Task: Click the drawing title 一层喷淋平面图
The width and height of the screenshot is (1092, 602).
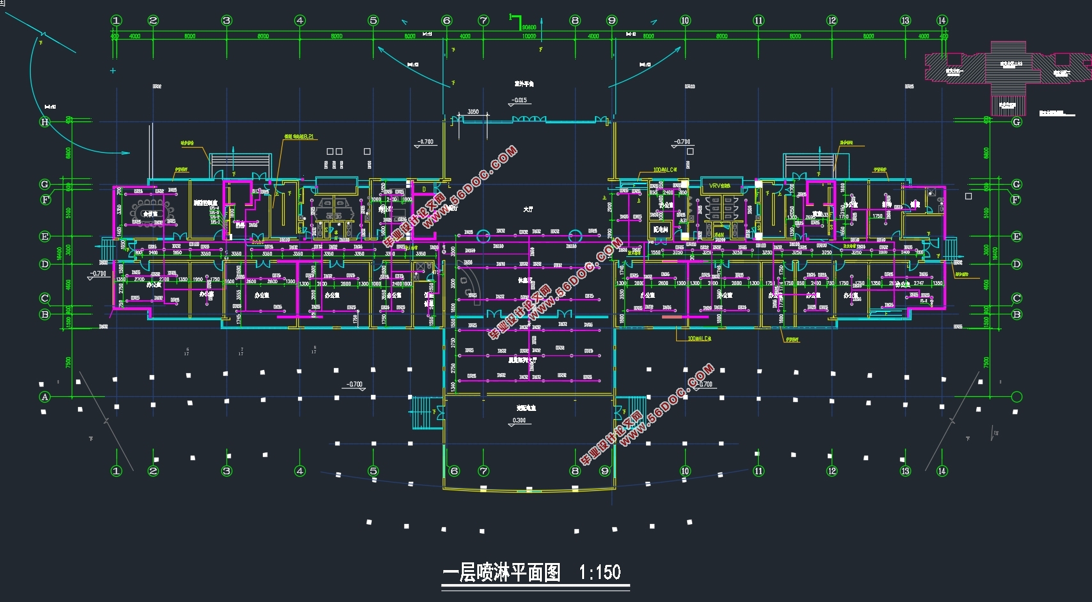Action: click(x=502, y=572)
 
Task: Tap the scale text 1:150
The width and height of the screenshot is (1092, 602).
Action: click(x=599, y=572)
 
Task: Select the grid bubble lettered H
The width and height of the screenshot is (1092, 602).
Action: click(x=45, y=122)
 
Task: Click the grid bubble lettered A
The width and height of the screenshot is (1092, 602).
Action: click(x=45, y=397)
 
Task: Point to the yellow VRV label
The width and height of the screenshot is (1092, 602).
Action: click(x=720, y=186)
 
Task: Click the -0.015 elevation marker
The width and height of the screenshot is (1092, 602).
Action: click(x=519, y=100)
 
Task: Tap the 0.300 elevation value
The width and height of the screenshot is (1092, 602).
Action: click(x=519, y=421)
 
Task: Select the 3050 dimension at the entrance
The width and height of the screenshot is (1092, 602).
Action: click(x=473, y=112)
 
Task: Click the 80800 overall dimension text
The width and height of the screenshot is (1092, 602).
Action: click(x=529, y=27)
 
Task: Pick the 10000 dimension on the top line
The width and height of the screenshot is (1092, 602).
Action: click(x=529, y=36)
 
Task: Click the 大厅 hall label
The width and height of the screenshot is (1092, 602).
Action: click(x=528, y=210)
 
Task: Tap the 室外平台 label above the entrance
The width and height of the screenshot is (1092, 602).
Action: click(x=524, y=84)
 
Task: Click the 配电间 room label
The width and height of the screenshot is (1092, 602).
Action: click(x=660, y=229)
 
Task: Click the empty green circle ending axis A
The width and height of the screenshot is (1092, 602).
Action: click(x=1017, y=397)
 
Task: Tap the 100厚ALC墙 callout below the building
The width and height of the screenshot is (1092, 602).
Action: click(x=699, y=339)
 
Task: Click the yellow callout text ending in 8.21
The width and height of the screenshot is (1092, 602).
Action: click(x=299, y=137)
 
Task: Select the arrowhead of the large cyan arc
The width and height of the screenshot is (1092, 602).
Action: click(x=127, y=153)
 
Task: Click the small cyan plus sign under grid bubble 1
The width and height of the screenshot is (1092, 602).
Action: click(x=113, y=71)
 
